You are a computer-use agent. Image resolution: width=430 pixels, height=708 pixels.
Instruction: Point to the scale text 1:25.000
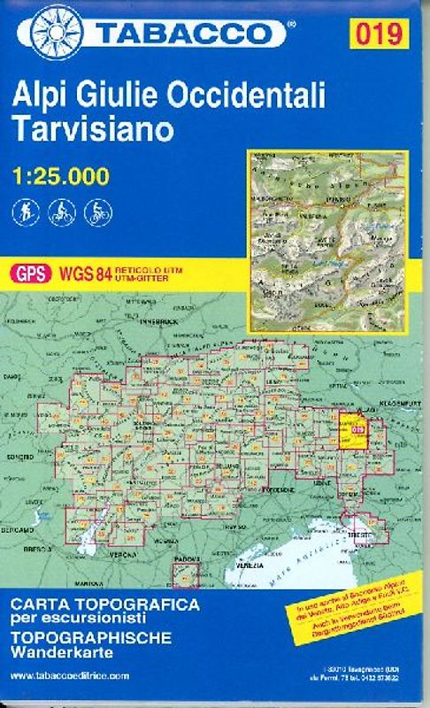click(x=62, y=175)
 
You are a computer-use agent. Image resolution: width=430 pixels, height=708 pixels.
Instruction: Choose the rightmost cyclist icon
click(x=94, y=212)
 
